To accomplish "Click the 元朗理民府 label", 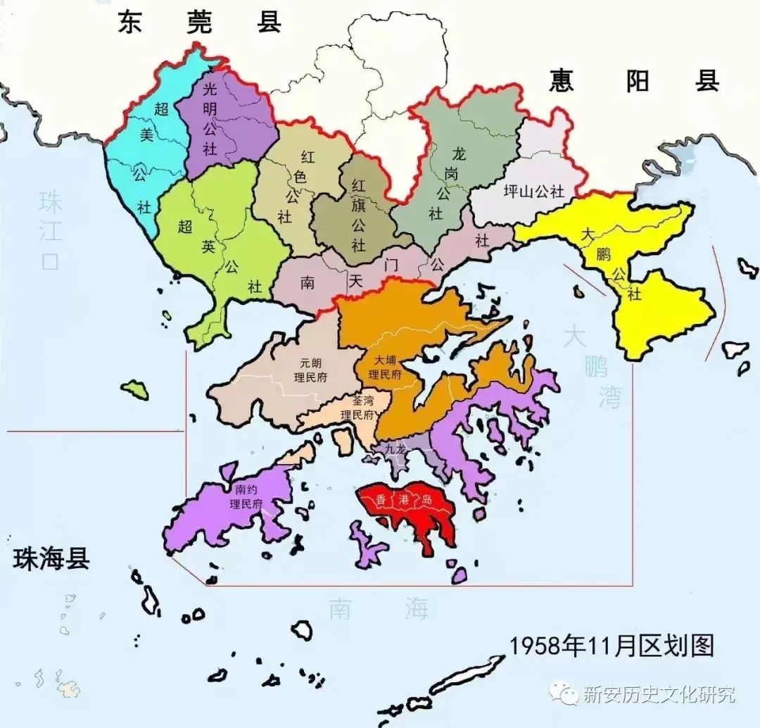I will tap(310, 370).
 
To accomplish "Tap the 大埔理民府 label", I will tap(384, 368).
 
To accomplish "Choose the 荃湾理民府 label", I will tap(355, 408).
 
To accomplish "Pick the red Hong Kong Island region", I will tap(408, 507).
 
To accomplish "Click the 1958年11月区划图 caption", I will tap(612, 645).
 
